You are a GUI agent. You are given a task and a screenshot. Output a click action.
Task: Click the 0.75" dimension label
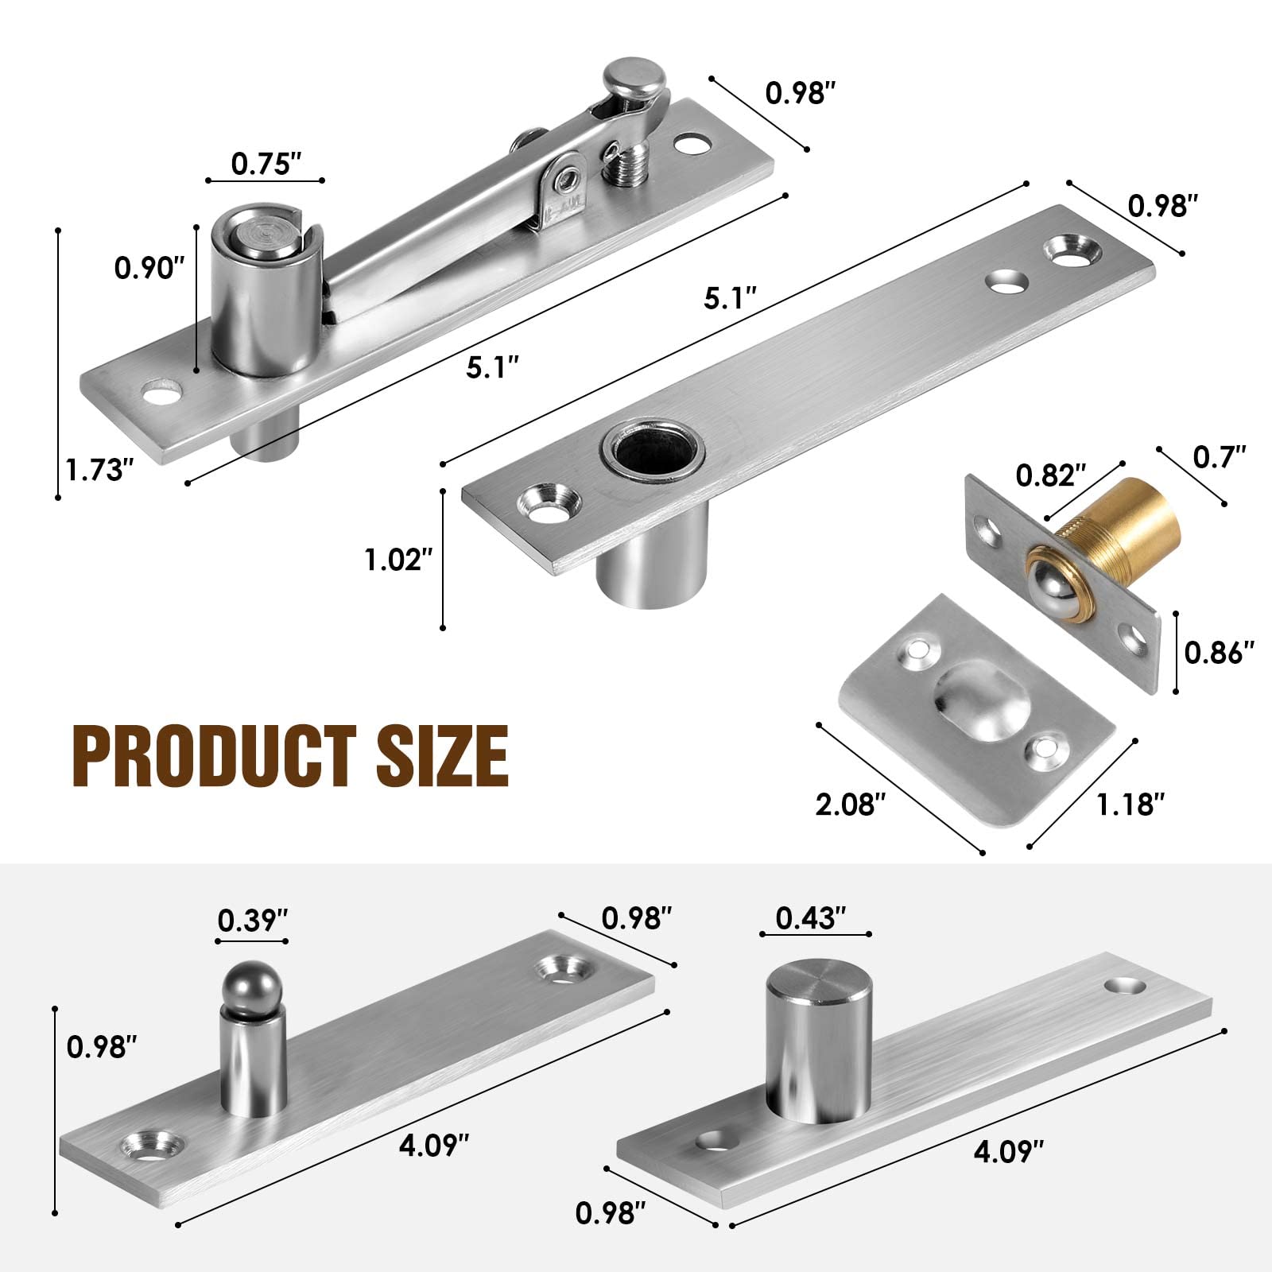(266, 164)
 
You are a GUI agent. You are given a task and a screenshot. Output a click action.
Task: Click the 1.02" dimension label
(398, 560)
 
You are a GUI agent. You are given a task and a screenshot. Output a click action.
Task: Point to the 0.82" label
(1051, 475)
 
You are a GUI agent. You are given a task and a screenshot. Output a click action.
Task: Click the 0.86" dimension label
(1220, 653)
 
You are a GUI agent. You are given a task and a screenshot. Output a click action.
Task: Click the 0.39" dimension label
(252, 920)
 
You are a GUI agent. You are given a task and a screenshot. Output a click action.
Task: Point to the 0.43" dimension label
(810, 918)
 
